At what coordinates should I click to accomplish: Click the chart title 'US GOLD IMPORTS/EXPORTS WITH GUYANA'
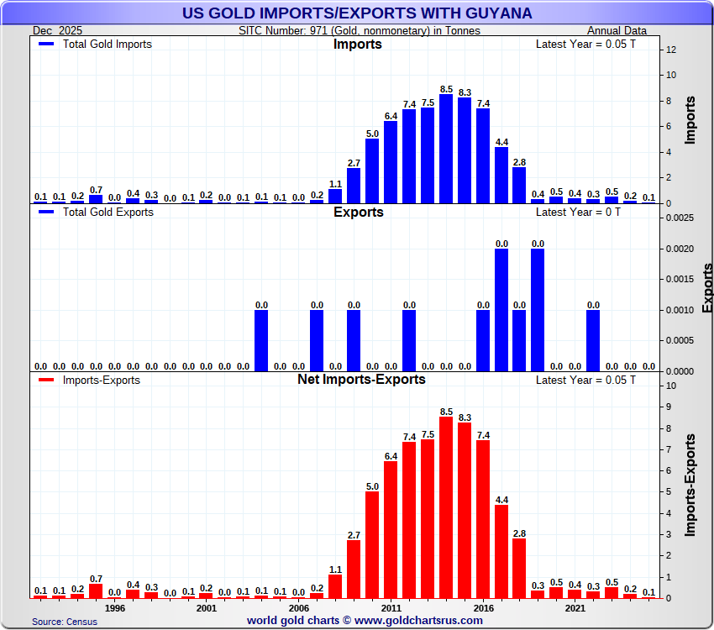coord(357,13)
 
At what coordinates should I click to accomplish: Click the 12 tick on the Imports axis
coord(671,50)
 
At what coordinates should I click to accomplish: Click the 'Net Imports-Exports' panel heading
coord(361,380)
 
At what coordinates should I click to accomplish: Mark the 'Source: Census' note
coord(65,622)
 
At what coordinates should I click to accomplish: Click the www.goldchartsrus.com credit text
coord(365,621)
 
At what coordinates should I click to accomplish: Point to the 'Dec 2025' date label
coord(58,30)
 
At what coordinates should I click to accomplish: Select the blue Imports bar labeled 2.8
coord(519,185)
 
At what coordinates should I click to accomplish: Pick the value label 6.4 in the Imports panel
coord(391,115)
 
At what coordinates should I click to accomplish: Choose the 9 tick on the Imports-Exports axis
coord(670,407)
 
